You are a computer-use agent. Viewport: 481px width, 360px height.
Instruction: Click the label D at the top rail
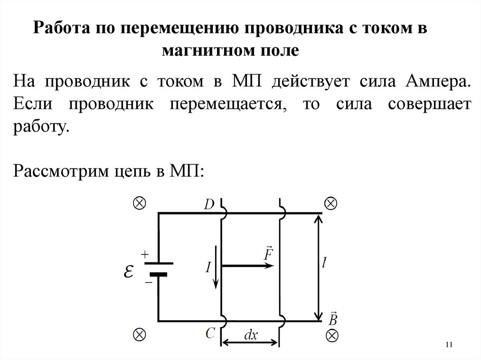click(x=209, y=204)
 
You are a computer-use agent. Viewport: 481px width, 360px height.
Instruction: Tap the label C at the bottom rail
click(x=210, y=333)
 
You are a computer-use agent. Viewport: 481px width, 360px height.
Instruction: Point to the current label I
click(x=208, y=267)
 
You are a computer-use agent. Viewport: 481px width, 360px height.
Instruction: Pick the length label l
click(x=325, y=264)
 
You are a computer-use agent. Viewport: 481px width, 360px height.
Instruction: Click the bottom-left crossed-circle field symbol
click(x=140, y=334)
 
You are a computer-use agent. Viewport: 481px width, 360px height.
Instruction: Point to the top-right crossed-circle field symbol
click(x=331, y=204)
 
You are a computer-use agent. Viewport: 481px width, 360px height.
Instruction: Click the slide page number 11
click(x=448, y=345)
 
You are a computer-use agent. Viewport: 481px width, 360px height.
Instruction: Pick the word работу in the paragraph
click(x=41, y=127)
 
